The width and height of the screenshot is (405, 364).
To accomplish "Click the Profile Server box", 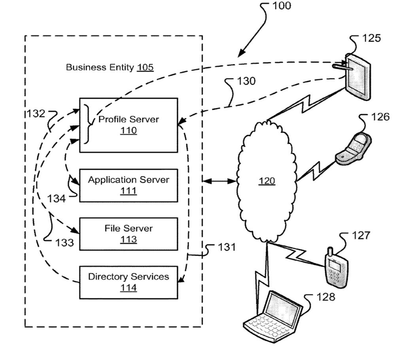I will click(x=129, y=125).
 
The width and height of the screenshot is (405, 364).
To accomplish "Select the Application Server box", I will click(x=129, y=185).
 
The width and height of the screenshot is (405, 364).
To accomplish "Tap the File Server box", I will click(x=129, y=233).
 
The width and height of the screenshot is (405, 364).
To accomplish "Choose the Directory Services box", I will click(x=129, y=282).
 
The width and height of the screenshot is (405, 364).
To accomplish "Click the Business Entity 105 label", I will click(x=110, y=67).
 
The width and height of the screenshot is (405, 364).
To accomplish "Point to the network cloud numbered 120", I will click(x=267, y=181).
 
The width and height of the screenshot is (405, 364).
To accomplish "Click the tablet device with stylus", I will click(x=358, y=76).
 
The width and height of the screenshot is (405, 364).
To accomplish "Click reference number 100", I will click(x=281, y=6).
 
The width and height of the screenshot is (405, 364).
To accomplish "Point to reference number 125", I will click(x=371, y=38).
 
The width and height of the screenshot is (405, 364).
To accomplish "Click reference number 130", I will click(x=246, y=81).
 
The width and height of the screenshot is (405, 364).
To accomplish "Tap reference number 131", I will click(x=226, y=248).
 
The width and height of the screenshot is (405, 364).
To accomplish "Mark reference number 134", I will click(x=56, y=199).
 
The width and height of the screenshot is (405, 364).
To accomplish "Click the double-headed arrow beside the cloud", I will click(x=220, y=181).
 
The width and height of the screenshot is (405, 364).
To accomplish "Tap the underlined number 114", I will click(x=129, y=288).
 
